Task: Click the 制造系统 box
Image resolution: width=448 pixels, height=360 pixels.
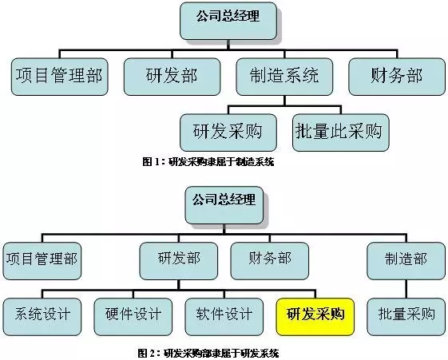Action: point(284,77)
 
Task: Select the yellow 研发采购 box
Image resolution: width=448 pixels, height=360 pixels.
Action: point(315,317)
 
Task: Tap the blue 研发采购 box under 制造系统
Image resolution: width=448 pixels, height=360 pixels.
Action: point(228,133)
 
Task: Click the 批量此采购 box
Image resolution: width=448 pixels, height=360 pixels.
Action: point(341,133)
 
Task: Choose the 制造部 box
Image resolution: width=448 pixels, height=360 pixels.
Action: point(406,261)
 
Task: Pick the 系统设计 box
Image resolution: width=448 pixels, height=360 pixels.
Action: point(42,317)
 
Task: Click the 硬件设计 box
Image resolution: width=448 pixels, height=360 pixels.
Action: point(133,317)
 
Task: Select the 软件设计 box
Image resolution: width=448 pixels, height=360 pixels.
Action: point(224,317)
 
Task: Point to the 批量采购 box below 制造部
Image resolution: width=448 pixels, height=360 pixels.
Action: point(406,317)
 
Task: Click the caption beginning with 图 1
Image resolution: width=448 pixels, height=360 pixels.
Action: point(208,162)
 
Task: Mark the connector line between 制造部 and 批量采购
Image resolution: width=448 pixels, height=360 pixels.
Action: point(406,289)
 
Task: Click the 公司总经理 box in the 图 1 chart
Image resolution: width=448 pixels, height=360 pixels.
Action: point(228,21)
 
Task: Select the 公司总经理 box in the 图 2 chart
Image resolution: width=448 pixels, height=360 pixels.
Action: point(224,205)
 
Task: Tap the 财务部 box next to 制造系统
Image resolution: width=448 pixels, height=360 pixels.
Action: point(397,77)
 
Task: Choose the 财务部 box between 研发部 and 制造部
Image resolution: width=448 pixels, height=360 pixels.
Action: point(270,261)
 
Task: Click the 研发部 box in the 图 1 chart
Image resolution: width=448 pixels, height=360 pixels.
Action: point(172,77)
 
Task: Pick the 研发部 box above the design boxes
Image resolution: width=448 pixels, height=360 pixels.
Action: point(179,261)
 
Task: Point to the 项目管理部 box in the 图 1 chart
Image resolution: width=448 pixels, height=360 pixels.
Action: point(59,77)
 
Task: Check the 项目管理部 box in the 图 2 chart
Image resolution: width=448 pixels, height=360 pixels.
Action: point(42,261)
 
